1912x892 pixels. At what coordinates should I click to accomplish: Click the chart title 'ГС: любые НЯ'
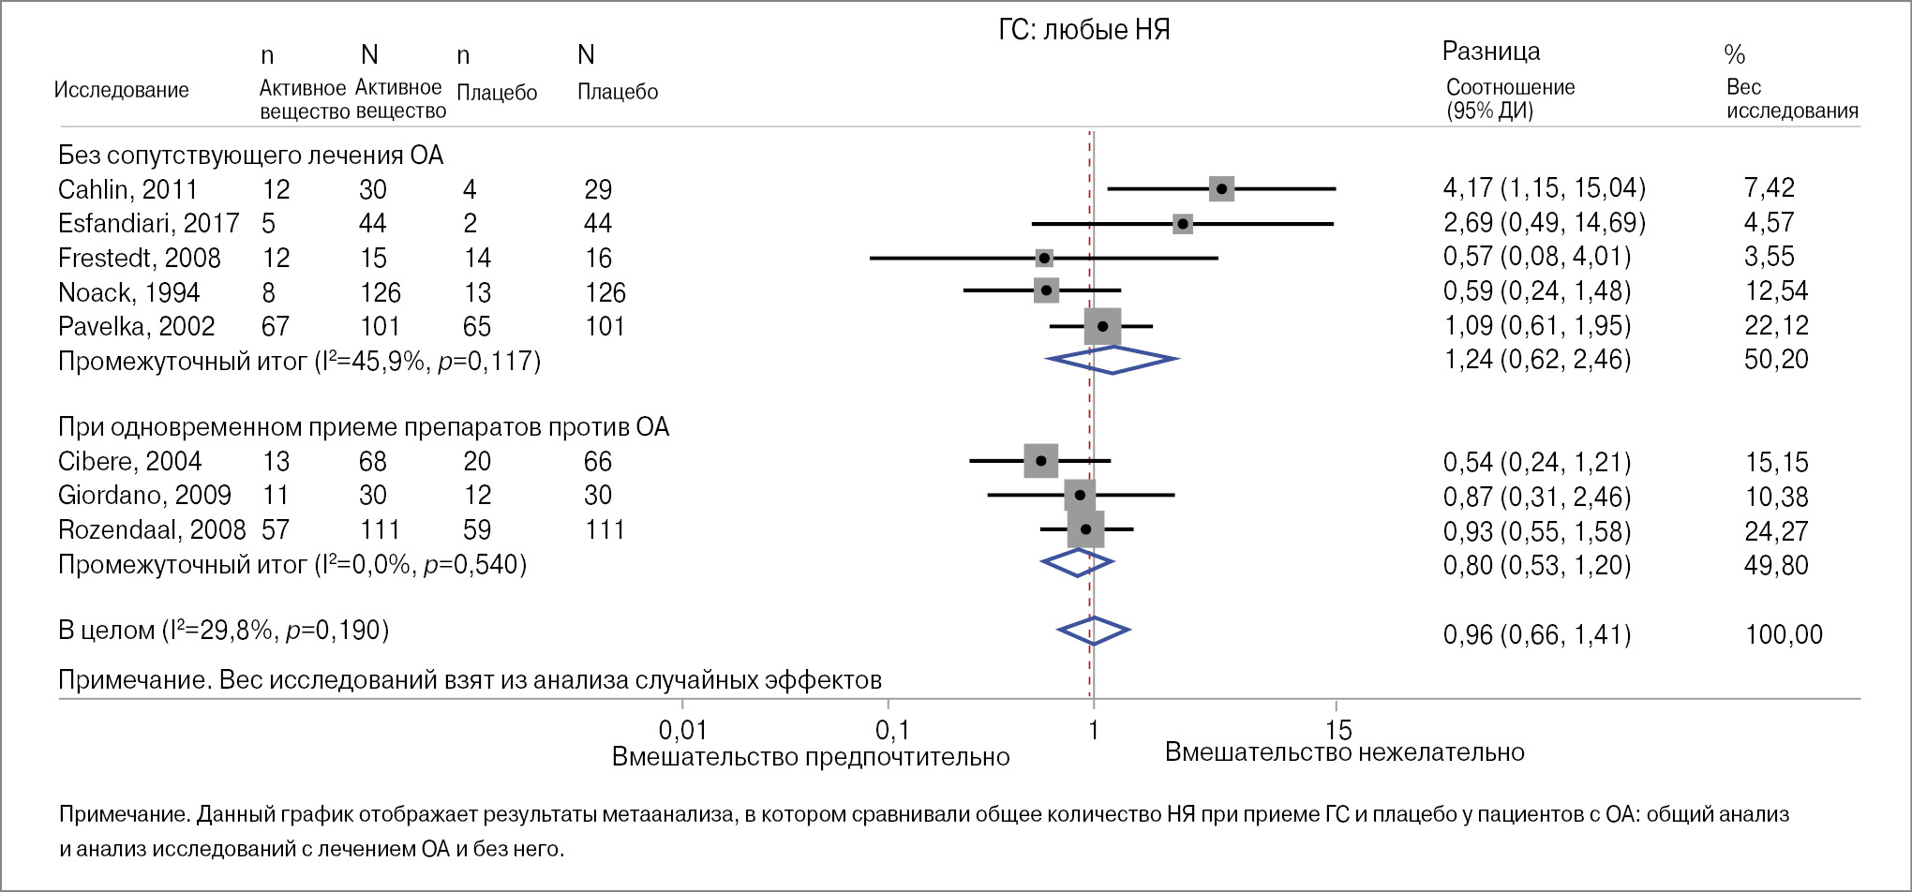[1084, 30]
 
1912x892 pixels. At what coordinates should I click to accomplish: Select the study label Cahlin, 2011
[127, 189]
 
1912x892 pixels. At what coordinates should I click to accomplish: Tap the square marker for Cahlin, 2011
[1221, 188]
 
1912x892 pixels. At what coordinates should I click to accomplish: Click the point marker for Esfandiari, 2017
[1183, 224]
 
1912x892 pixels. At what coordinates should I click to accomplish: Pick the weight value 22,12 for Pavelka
[1776, 325]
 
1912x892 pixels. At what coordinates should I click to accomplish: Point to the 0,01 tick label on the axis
[682, 730]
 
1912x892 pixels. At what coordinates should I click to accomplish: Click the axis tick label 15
[1339, 730]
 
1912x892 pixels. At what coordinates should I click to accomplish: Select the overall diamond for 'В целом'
[1093, 631]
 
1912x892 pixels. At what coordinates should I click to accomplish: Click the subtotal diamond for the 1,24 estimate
[1112, 360]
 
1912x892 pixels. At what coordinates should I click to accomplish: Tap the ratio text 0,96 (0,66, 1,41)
[1536, 634]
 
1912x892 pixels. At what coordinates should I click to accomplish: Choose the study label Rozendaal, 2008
[152, 529]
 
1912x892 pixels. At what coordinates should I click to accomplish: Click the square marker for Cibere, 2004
[1040, 461]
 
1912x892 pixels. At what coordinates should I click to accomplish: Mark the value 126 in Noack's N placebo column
[605, 292]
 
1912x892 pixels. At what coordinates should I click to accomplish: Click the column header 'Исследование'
[121, 90]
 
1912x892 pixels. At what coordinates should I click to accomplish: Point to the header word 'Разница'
[1490, 52]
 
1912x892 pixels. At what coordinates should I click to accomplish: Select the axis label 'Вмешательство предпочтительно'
[811, 757]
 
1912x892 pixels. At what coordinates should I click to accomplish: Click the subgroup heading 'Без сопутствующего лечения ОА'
[250, 155]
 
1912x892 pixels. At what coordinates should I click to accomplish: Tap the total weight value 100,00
[1784, 634]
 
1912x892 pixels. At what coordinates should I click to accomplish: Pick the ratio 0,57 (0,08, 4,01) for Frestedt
[1536, 257]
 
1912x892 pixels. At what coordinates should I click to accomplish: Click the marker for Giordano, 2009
[1080, 495]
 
